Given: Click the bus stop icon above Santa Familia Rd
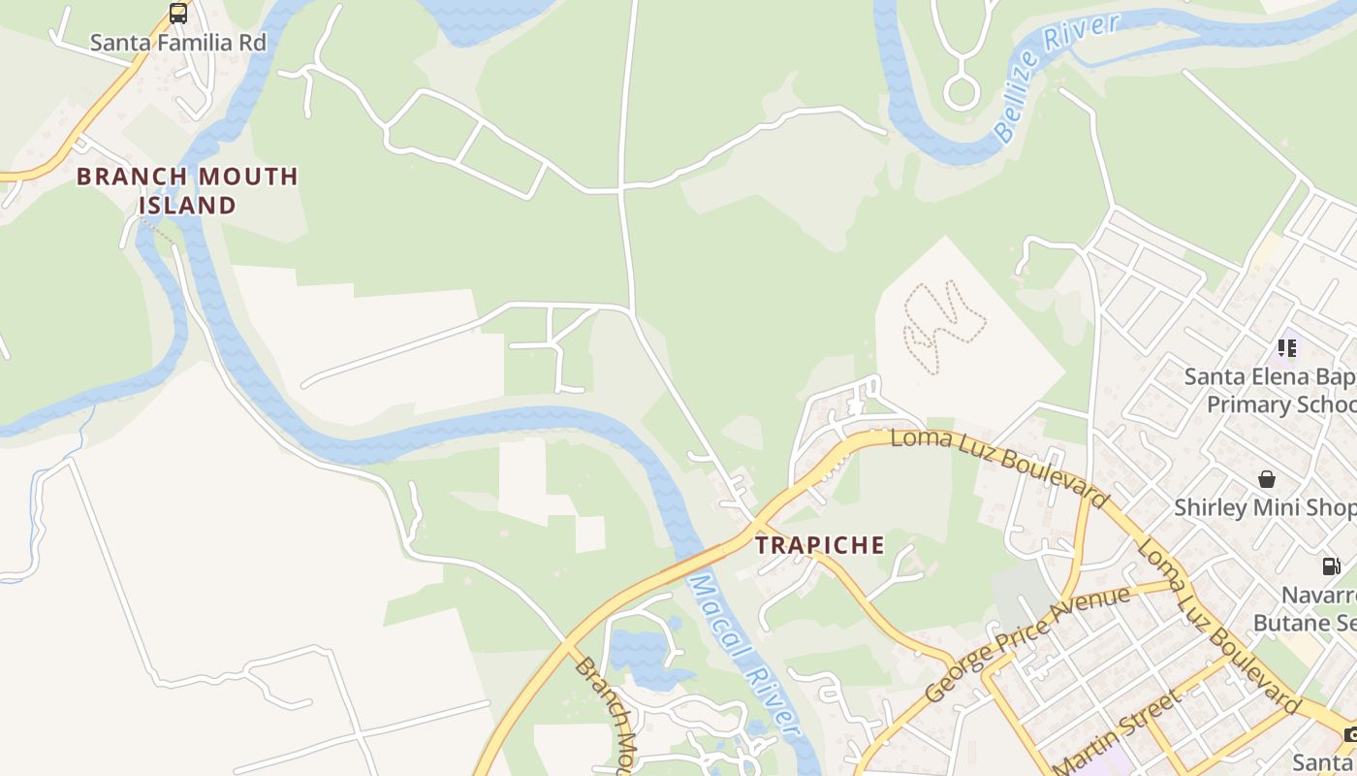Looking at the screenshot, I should [x=178, y=14].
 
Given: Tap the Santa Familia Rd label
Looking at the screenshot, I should [x=177, y=43].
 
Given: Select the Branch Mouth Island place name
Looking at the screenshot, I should [x=187, y=190].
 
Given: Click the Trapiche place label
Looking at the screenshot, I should [x=820, y=545].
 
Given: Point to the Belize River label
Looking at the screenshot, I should [x=1056, y=77].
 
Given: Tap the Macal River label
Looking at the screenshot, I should [x=744, y=655].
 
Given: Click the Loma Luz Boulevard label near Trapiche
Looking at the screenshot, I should [x=999, y=466].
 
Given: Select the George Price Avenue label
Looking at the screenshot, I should [x=1027, y=644].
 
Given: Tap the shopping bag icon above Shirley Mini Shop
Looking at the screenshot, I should [x=1266, y=479].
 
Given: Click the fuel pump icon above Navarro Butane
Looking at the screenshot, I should [x=1332, y=566].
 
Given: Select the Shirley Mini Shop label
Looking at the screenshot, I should [x=1265, y=507].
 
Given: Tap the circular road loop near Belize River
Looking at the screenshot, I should [x=962, y=93].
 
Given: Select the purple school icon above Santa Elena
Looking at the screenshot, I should [x=1287, y=347].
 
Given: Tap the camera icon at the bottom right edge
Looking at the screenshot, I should [x=1350, y=734].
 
